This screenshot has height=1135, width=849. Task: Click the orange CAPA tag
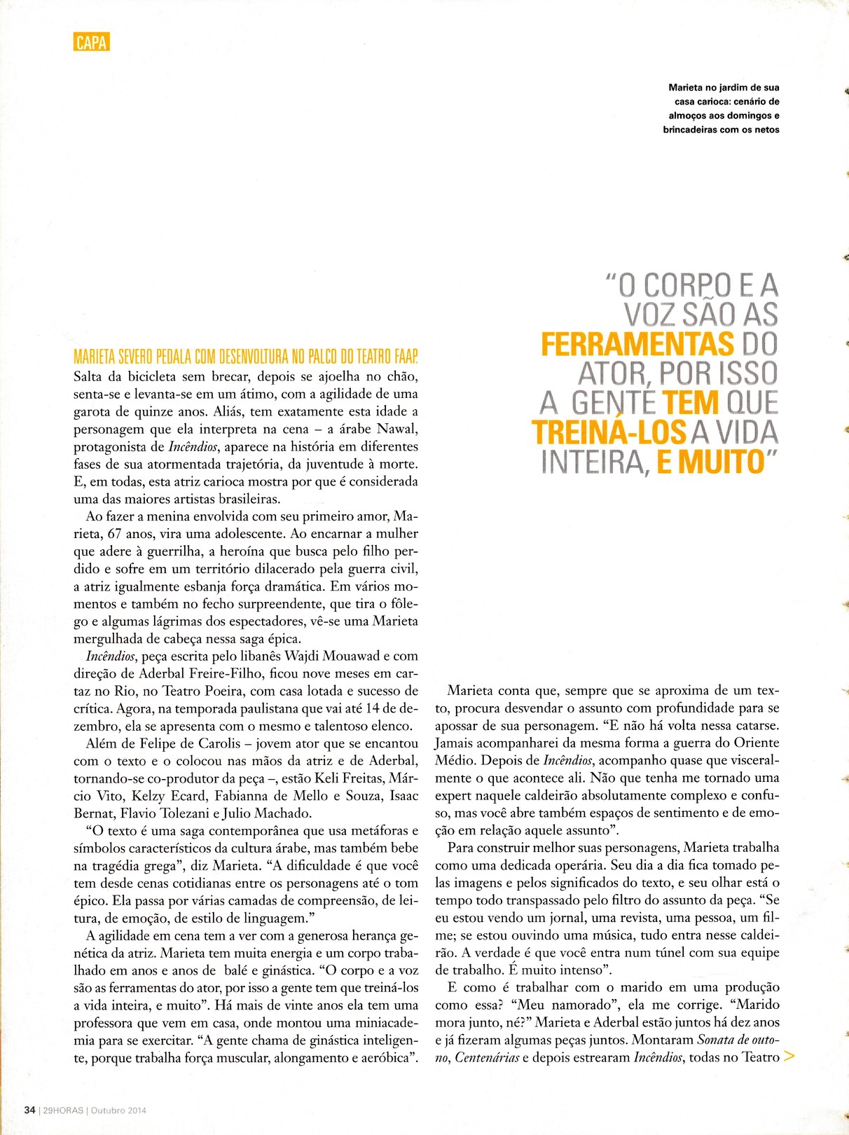(92, 42)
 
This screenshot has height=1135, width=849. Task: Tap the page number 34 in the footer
(29, 1110)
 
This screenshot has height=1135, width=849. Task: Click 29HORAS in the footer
(63, 1110)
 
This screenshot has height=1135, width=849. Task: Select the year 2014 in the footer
(136, 1110)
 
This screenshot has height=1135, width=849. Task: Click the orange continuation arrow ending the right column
(789, 1057)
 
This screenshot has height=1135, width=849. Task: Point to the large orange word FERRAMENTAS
(637, 345)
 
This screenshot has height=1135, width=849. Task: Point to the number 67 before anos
(115, 534)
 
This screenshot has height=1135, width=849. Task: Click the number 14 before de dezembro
(373, 708)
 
